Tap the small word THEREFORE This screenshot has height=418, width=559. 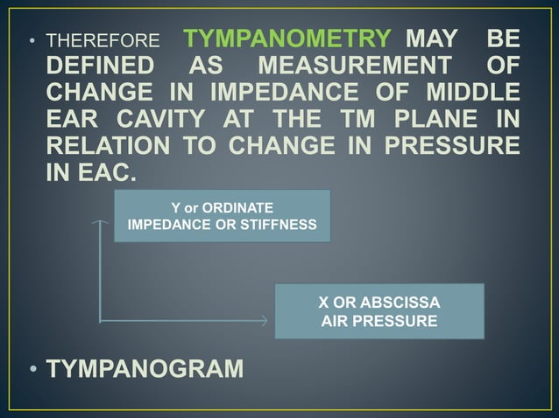(x=103, y=41)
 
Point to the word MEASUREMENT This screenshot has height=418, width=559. (x=355, y=66)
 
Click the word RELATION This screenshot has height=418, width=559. (x=112, y=143)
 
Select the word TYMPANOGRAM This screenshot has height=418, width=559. (x=145, y=369)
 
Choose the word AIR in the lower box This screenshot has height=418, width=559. (x=337, y=321)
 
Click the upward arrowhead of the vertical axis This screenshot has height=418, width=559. (x=101, y=223)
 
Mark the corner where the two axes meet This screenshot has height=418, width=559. (x=101, y=321)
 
